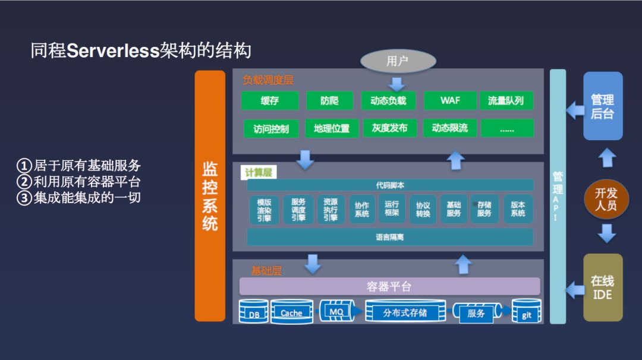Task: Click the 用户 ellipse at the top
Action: [x=397, y=61]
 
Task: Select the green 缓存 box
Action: [x=269, y=100]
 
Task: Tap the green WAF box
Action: [x=450, y=100]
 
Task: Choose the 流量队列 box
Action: [x=506, y=100]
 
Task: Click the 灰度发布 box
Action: [x=389, y=128]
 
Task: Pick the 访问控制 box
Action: [x=270, y=128]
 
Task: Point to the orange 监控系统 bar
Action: [x=210, y=196]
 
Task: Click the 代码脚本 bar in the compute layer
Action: [x=390, y=185]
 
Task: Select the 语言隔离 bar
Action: [x=390, y=237]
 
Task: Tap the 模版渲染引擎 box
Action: [x=264, y=210]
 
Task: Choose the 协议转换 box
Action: [x=423, y=210]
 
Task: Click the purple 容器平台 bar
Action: [x=389, y=286]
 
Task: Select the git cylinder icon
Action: [x=527, y=311]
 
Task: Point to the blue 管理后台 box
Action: [x=602, y=106]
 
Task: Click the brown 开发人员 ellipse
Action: [x=606, y=199]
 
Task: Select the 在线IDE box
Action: [x=602, y=288]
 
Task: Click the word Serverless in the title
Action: [x=113, y=51]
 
